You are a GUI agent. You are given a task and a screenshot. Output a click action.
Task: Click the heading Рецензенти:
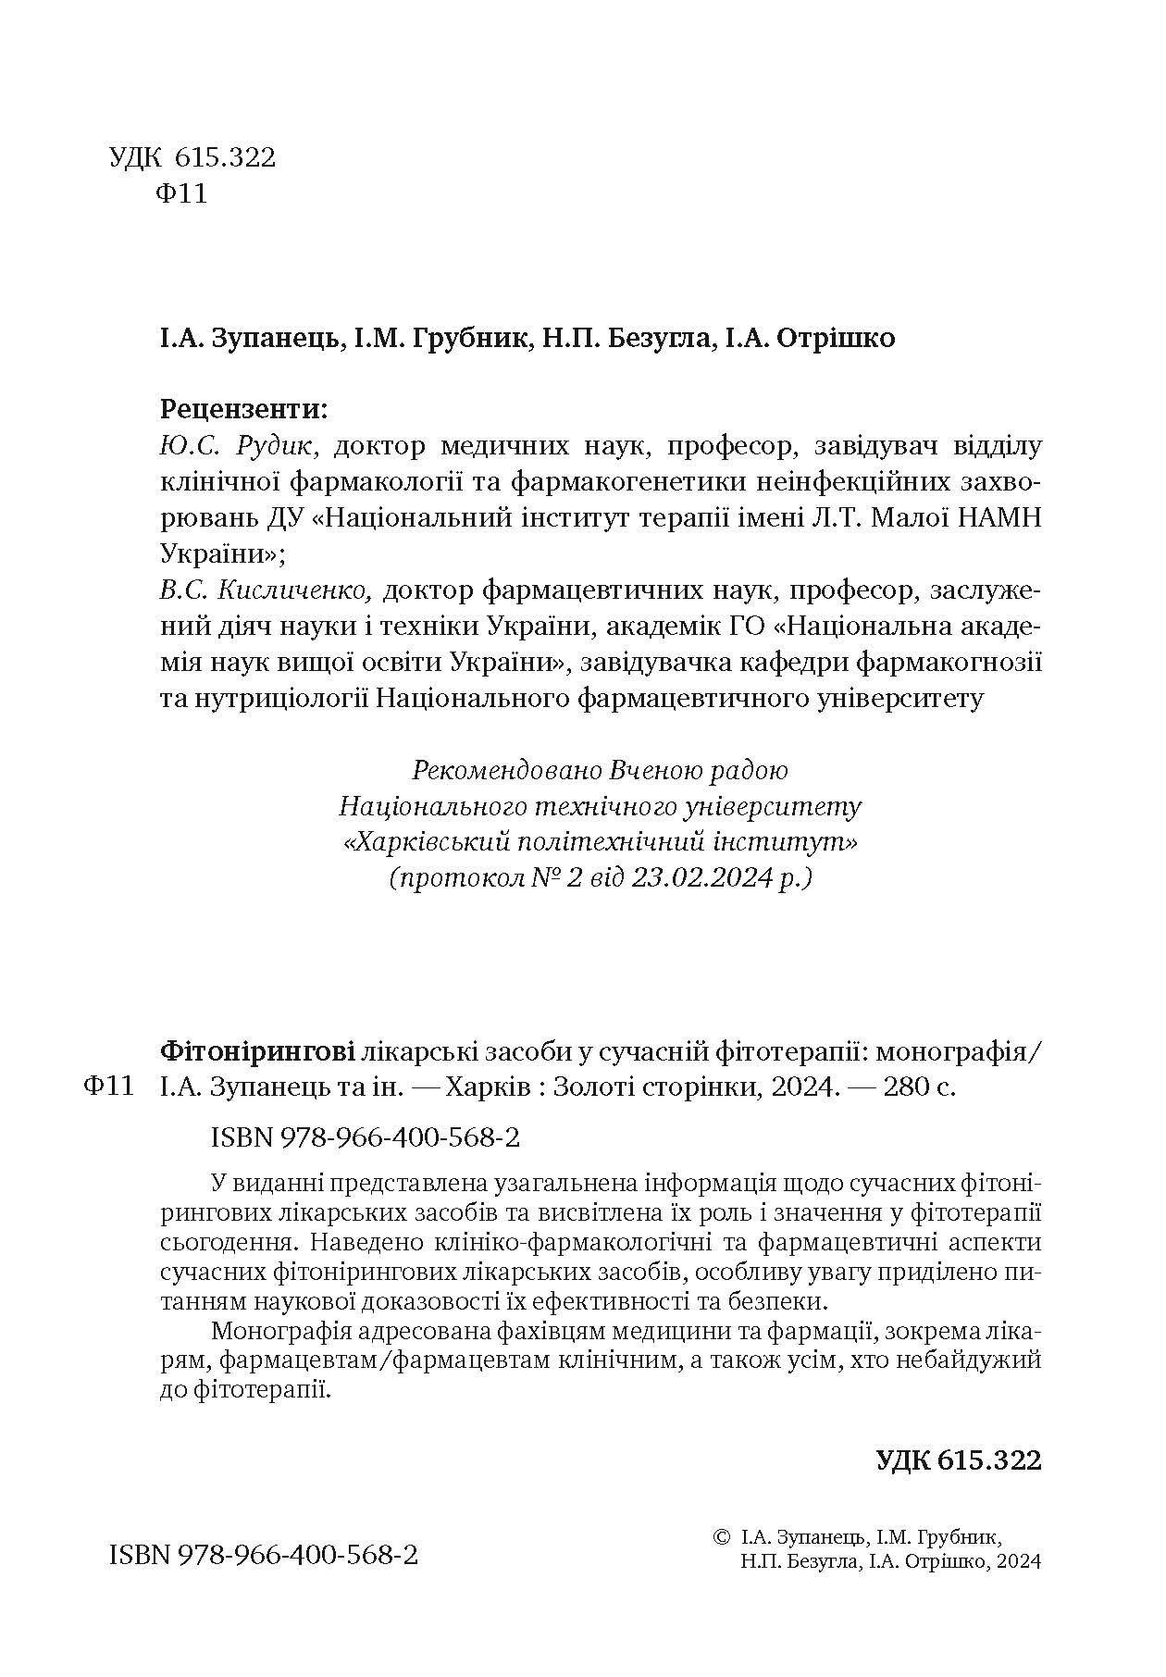coord(243,408)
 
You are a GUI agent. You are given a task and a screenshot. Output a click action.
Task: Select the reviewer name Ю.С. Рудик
coord(240,447)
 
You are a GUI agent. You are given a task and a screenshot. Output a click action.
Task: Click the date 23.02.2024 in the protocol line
coord(701,877)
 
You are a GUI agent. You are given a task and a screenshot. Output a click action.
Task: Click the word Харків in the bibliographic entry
coord(487,1087)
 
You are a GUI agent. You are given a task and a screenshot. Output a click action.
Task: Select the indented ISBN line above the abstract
coord(366,1137)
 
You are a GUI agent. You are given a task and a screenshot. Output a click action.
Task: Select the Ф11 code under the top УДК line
coord(182,195)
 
